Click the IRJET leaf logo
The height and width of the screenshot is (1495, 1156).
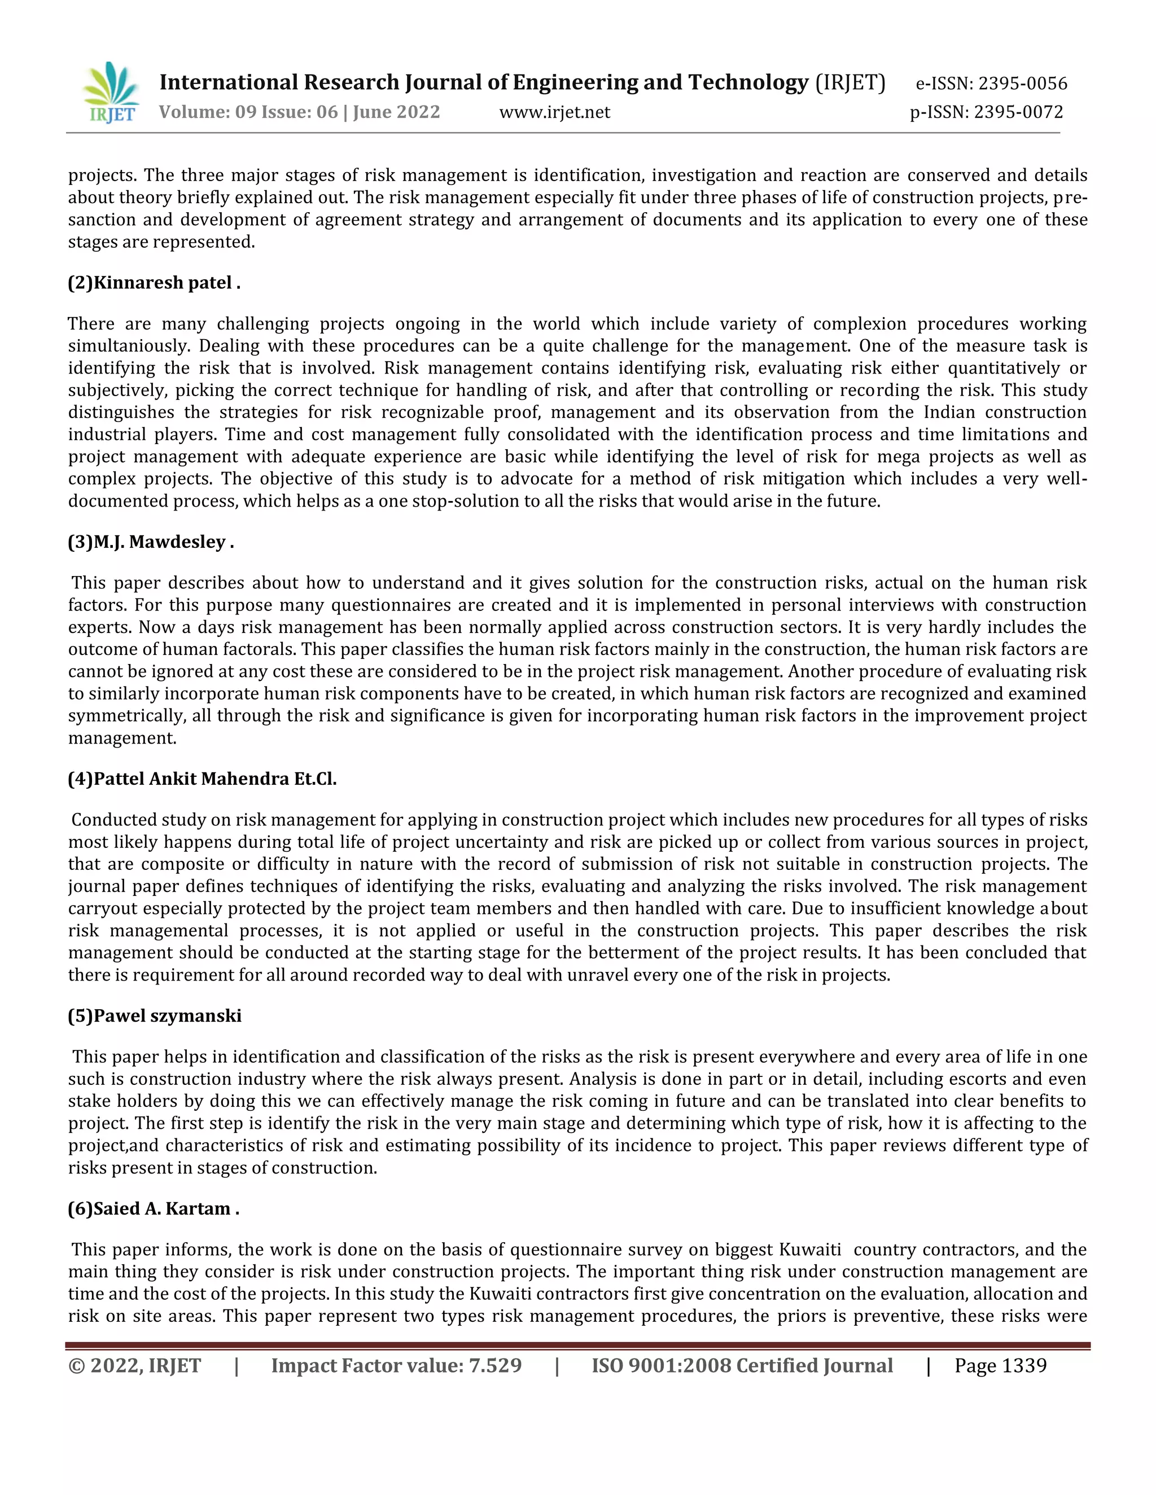click(x=112, y=93)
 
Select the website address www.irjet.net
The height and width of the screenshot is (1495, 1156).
click(x=554, y=112)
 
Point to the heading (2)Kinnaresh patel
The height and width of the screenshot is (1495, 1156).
click(x=154, y=283)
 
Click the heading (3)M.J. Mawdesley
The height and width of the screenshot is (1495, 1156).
click(x=151, y=542)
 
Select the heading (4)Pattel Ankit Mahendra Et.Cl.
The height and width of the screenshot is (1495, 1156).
click(x=202, y=779)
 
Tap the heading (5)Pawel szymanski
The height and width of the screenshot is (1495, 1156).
click(x=154, y=1016)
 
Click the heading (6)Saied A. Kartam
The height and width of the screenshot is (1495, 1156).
click(x=154, y=1209)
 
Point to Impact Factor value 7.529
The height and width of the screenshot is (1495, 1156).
click(x=396, y=1366)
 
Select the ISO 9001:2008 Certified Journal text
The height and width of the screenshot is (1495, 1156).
click(x=742, y=1366)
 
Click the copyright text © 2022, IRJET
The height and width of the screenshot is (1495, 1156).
click(x=134, y=1366)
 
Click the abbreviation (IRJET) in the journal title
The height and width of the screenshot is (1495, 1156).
click(x=850, y=83)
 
